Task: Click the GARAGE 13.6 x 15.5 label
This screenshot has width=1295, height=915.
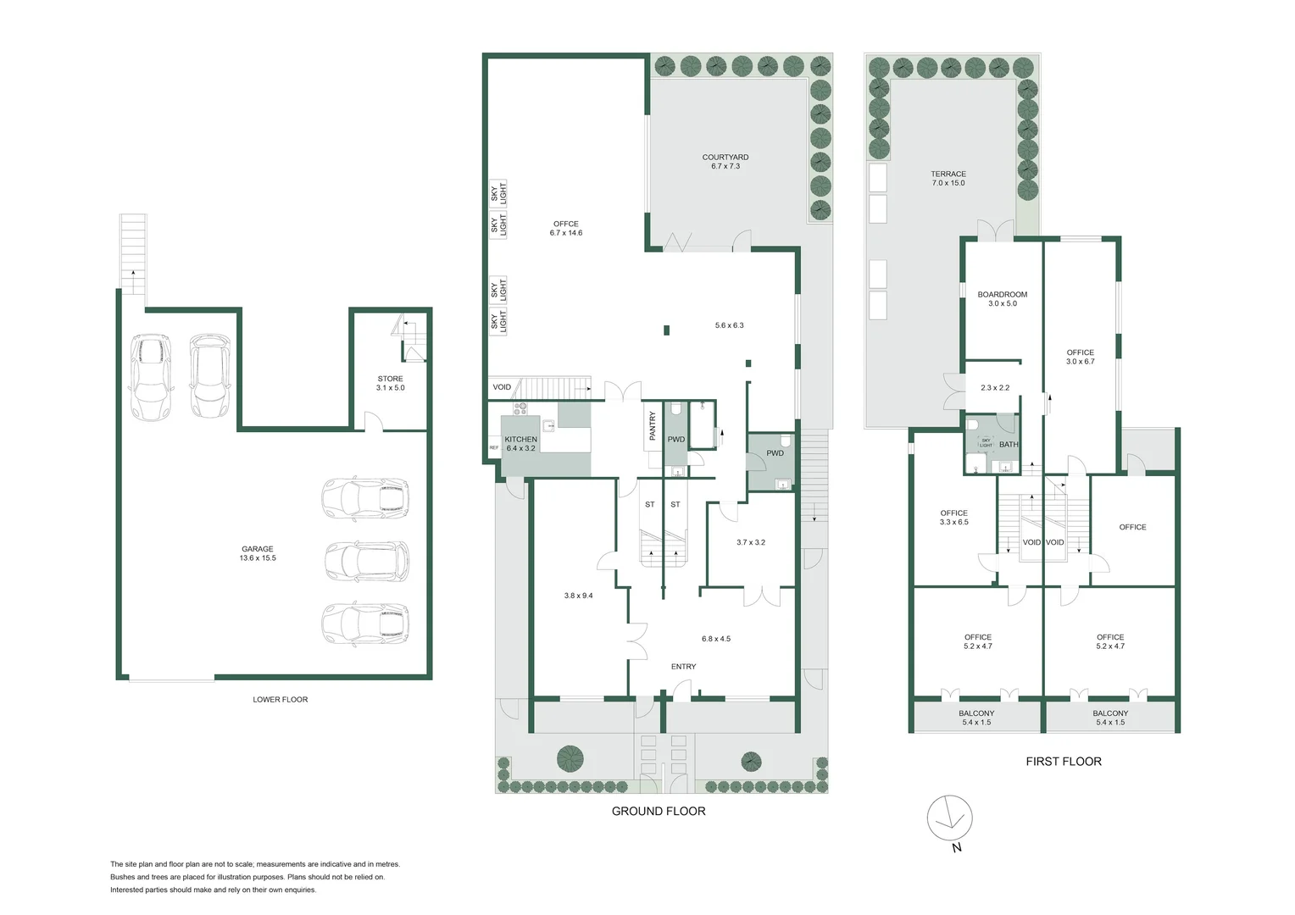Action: [258, 553]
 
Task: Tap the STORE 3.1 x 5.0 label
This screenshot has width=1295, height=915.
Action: [390, 383]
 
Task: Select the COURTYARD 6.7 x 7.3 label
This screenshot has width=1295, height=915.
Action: [725, 162]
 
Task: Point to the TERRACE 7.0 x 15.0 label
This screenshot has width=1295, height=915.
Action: [948, 178]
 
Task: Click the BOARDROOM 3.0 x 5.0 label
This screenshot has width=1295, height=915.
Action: [1002, 299]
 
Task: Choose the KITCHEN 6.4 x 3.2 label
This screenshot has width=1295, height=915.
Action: [520, 444]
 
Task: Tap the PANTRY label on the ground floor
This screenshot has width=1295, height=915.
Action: [653, 425]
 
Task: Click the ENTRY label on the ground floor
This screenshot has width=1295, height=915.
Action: [683, 667]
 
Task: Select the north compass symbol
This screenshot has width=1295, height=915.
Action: [949, 818]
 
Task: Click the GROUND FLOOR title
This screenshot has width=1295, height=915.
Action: [659, 811]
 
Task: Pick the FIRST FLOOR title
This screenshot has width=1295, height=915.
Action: [1063, 762]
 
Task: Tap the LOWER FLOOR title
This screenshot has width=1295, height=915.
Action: [280, 700]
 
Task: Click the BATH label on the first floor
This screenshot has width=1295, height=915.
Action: [1009, 445]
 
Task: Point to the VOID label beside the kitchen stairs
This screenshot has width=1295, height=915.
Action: [502, 387]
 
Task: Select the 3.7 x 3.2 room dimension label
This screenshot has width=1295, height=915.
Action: [750, 542]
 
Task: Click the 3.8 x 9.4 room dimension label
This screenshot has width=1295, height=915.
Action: [578, 596]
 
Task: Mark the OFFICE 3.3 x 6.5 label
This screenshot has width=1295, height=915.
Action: [953, 518]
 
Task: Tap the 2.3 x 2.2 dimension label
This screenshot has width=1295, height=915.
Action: [994, 388]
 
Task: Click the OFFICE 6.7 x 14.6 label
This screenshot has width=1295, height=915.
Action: [565, 228]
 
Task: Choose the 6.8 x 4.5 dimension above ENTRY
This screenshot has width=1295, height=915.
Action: [715, 639]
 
